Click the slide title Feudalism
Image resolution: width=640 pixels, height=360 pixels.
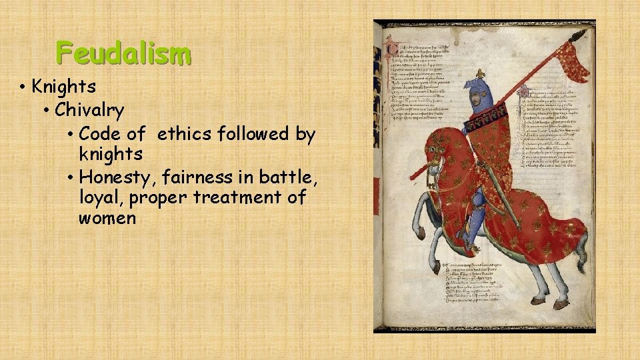point(123,52)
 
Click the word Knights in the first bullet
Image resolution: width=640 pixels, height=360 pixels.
point(64,87)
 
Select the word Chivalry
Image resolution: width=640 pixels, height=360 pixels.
point(89,109)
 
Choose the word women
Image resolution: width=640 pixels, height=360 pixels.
point(107,219)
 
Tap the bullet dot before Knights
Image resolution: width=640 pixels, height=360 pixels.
point(23,87)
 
